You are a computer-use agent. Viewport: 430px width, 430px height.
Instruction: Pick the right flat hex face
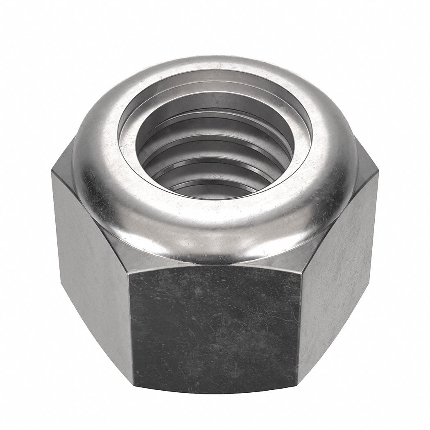tap(340, 262)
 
